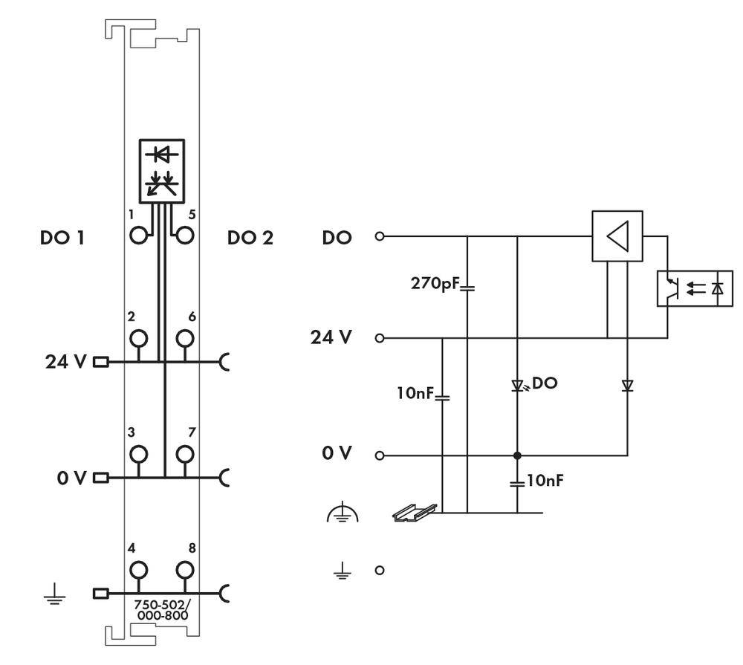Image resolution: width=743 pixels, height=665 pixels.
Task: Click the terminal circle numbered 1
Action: click(x=138, y=236)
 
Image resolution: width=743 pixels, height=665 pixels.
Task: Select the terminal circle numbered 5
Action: click(x=184, y=236)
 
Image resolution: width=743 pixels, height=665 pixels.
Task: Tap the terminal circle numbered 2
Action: click(x=138, y=339)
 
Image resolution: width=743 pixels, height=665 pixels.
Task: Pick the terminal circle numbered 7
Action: click(x=184, y=453)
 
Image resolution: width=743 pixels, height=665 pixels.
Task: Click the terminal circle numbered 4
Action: click(x=138, y=570)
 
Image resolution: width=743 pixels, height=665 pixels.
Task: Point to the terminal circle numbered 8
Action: click(x=184, y=570)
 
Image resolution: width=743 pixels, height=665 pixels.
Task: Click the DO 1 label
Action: click(x=62, y=239)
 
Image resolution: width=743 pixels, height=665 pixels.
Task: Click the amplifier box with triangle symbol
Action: click(x=617, y=237)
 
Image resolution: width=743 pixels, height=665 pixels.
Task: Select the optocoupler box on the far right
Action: click(x=695, y=288)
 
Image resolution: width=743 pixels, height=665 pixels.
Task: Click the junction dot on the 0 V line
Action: click(x=517, y=455)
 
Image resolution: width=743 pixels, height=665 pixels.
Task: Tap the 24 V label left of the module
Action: click(x=66, y=363)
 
